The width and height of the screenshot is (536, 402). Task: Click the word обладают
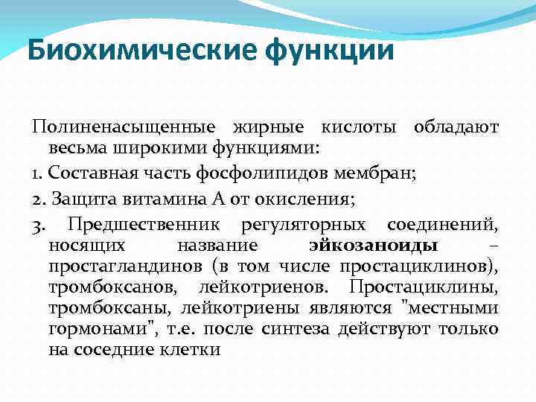pyautogui.click(x=456, y=128)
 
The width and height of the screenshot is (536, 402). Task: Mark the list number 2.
pyautogui.click(x=38, y=199)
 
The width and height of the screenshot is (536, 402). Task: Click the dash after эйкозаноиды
pyautogui.click(x=494, y=246)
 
